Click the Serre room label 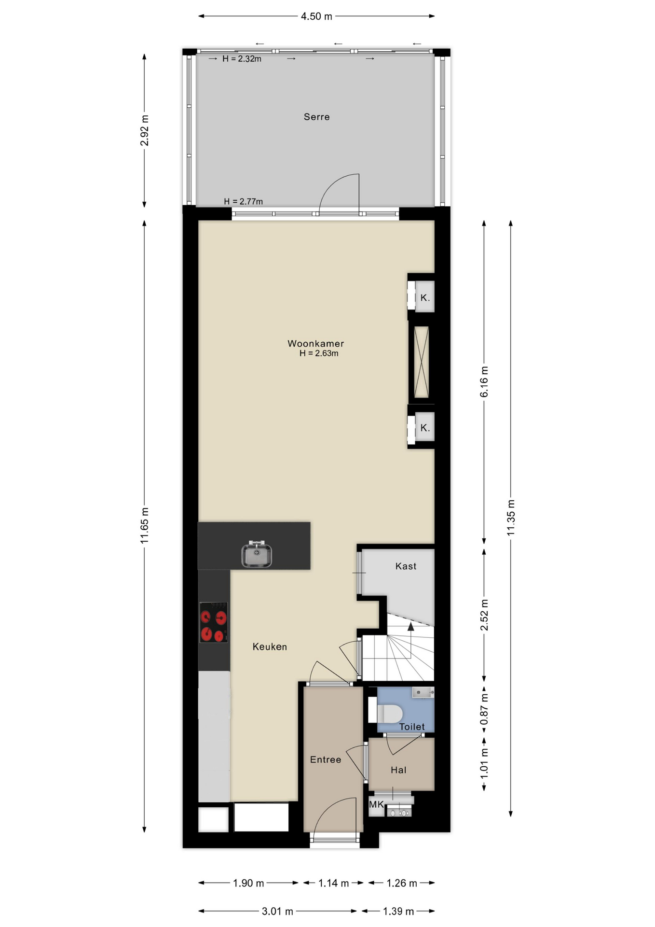[316, 117]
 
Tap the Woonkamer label [315, 344]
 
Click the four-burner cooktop [214, 622]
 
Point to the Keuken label [270, 647]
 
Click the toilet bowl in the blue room [389, 713]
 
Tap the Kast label [406, 566]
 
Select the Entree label [326, 760]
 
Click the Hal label [398, 770]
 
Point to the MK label [376, 804]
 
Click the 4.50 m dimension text [316, 16]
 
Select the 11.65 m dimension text [145, 526]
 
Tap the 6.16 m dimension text [484, 382]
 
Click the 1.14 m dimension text [333, 883]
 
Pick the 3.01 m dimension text [277, 912]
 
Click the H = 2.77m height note [243, 201]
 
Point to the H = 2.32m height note [242, 59]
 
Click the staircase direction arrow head [410, 627]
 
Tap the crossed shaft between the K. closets [422, 363]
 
